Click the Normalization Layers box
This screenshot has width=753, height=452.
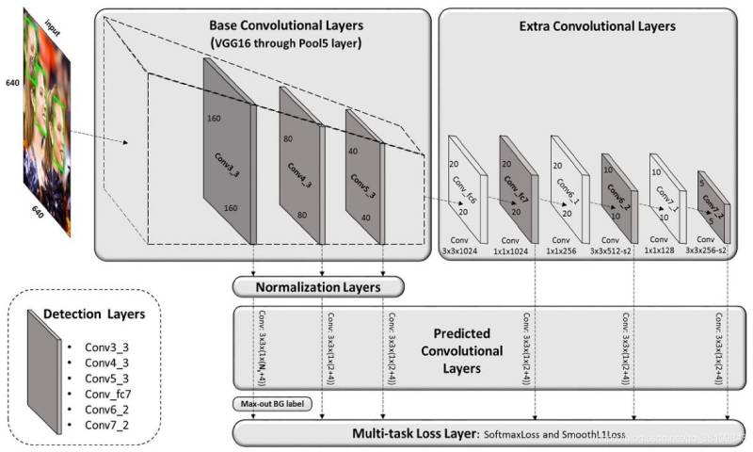pos(318,285)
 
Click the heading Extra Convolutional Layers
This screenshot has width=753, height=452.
pos(597,27)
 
